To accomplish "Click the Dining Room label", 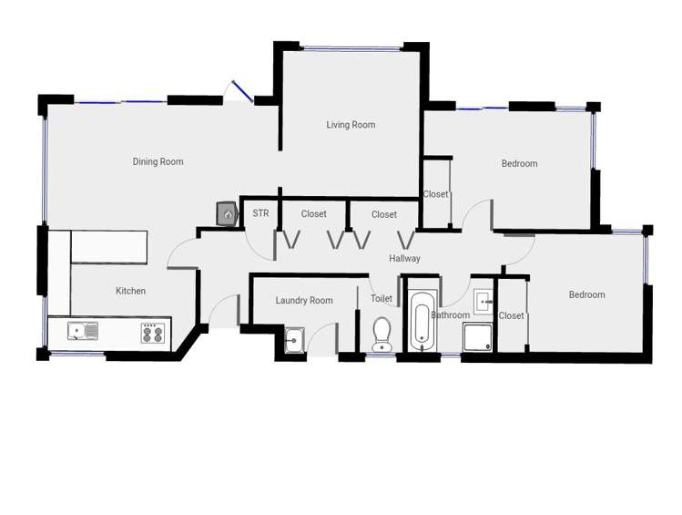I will pos(158,162).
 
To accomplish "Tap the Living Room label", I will pos(351,125).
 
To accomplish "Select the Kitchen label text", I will pos(130,291).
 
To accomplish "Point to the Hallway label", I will pos(404,259).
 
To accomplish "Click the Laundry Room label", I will pos(304,300).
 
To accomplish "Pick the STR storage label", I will pos(260,213).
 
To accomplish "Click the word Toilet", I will pos(382,299).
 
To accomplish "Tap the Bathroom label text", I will pos(450,315).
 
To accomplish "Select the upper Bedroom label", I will pos(519,164).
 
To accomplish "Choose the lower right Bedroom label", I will pos(586,294).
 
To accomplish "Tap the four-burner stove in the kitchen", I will pos(152,334).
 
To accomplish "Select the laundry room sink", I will pos(293,340).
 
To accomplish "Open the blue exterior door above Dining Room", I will pos(242,91).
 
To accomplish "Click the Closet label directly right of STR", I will pos(313,214).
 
